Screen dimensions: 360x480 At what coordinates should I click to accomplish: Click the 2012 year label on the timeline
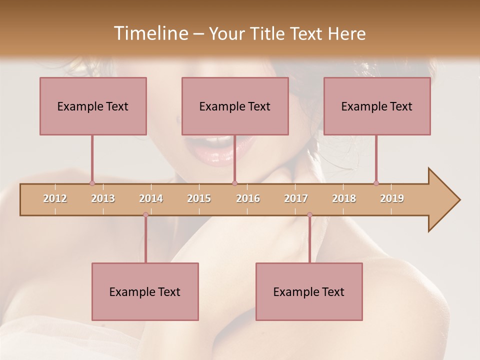[x=55, y=198]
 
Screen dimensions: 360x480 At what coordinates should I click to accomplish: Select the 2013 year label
[x=103, y=198]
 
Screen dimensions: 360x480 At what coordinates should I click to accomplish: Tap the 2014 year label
[x=151, y=198]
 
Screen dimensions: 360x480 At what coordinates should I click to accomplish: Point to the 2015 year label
[x=199, y=198]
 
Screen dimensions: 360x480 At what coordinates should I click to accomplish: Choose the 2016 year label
[x=248, y=198]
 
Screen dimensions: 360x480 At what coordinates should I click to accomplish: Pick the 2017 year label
[x=296, y=198]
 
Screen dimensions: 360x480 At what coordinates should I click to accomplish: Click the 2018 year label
[x=344, y=198]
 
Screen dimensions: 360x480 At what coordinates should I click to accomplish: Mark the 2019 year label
[x=392, y=198]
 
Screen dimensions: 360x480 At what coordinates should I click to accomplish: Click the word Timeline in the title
[x=150, y=33]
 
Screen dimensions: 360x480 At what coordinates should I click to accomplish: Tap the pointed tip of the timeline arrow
[x=459, y=200]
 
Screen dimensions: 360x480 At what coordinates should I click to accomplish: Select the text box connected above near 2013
[x=93, y=106]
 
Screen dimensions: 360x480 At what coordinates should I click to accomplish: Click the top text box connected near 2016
[x=235, y=106]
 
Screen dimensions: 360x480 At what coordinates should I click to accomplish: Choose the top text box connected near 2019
[x=377, y=106]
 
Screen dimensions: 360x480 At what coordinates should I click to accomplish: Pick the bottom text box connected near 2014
[x=145, y=291]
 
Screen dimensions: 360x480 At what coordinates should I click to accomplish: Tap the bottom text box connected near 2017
[x=309, y=291]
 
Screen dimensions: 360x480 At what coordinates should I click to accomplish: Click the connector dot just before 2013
[x=92, y=183]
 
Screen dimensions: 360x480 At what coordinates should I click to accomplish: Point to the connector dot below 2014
[x=145, y=214]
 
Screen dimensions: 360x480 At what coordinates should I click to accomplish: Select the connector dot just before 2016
[x=234, y=183]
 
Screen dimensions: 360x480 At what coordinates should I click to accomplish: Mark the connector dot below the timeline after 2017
[x=309, y=214]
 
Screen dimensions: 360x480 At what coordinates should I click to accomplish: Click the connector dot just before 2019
[x=376, y=183]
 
